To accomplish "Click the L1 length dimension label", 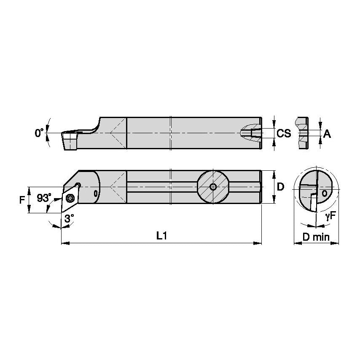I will point(161,236).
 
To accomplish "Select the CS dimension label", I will point(284,134).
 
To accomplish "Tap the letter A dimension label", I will point(327,134).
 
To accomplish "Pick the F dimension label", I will point(22,200).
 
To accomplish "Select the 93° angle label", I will point(43,198).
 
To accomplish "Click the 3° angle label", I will point(69,218).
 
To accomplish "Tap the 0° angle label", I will point(39,133).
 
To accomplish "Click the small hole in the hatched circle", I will point(213,187).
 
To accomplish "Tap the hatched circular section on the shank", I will point(213,187).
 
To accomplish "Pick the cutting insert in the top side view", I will point(69,140).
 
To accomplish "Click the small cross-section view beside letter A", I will point(302,133).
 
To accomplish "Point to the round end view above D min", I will point(316,192).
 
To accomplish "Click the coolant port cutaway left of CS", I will point(250,133).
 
